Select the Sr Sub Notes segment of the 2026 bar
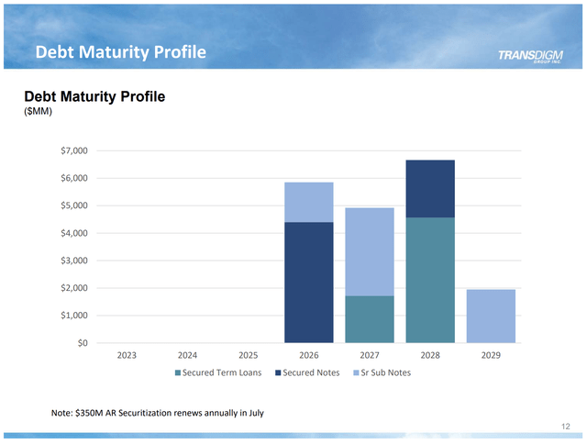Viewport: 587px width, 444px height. (x=308, y=202)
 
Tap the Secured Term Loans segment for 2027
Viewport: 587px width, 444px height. (x=369, y=319)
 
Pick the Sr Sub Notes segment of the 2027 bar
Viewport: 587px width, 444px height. (x=369, y=251)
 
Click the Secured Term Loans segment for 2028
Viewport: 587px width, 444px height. (x=429, y=280)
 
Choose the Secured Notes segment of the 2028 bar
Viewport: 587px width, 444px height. (x=429, y=188)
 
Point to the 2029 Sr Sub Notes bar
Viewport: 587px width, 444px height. (x=491, y=316)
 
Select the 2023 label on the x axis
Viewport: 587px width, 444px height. (x=127, y=355)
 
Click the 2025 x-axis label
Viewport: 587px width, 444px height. (x=248, y=355)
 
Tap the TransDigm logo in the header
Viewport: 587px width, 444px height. (x=529, y=56)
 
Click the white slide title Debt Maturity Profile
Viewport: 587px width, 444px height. (x=120, y=52)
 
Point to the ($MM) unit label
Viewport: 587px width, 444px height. (x=39, y=112)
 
